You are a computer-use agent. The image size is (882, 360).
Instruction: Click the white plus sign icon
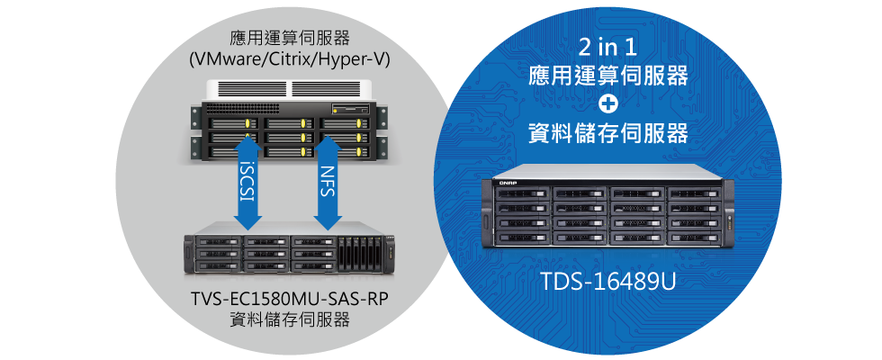pos(607,103)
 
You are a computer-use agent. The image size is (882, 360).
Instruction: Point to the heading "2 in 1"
pos(607,49)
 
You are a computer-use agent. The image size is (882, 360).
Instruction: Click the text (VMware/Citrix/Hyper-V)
pos(290,58)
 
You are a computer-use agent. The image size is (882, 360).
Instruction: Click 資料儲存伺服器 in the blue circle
pos(607,134)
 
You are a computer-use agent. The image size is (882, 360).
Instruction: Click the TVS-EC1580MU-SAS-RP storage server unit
pos(290,250)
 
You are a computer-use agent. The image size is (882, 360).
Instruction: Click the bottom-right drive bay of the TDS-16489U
pos(694,238)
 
